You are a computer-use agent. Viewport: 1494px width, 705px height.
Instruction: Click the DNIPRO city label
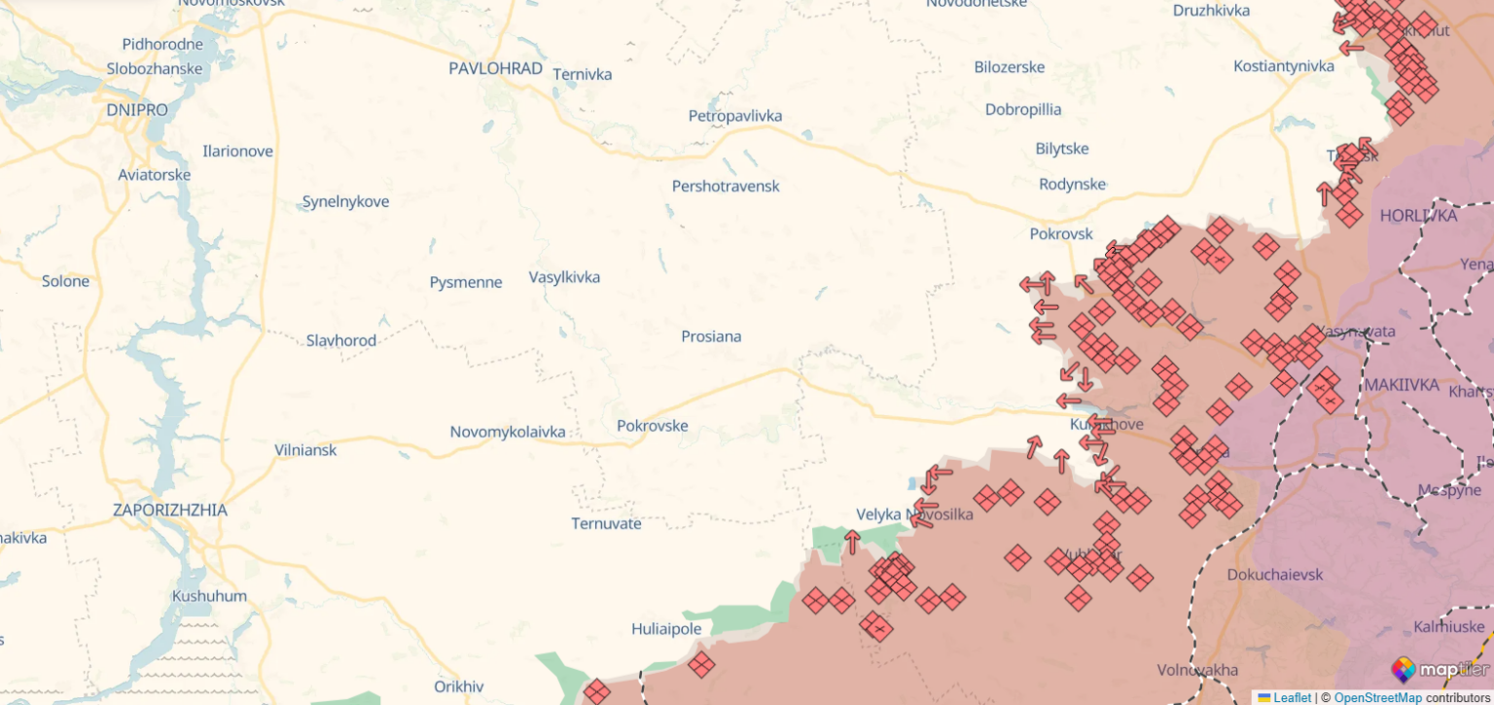137,110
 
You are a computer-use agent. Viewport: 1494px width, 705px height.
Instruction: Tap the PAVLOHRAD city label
495,68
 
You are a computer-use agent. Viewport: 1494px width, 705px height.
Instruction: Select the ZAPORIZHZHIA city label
170,510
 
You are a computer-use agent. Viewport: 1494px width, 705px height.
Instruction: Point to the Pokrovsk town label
1061,234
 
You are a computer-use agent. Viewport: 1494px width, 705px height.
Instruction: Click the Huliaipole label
666,629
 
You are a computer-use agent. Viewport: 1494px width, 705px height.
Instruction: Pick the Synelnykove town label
345,201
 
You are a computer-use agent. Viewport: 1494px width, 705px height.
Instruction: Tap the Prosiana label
711,336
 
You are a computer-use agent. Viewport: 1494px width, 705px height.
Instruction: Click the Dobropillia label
1023,109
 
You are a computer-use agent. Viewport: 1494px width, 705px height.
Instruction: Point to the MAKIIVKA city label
1401,385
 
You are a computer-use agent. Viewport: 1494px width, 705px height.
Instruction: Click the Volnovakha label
1197,670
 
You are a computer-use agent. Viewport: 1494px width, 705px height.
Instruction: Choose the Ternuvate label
606,523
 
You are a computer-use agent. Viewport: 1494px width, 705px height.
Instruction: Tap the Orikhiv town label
459,687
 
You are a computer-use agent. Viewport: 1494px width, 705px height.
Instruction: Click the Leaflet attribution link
1292,697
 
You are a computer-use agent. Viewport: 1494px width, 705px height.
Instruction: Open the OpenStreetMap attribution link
1377,697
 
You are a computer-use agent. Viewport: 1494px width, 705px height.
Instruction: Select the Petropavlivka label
734,116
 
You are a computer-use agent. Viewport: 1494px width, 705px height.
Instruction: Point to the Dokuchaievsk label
1274,575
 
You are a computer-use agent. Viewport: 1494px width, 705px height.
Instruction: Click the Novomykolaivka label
507,432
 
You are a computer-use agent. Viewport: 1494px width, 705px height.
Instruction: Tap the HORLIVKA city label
1418,216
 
